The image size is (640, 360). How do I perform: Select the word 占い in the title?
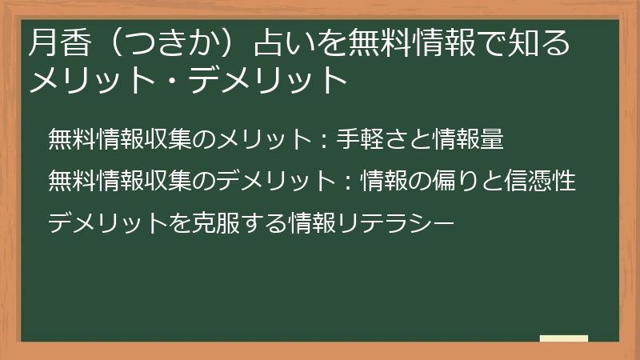[x=280, y=45]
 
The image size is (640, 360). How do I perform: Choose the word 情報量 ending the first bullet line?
[x=467, y=139]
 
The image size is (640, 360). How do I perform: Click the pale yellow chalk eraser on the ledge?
[x=563, y=338]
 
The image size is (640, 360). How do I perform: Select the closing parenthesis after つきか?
[x=241, y=45]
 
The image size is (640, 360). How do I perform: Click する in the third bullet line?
[x=261, y=222]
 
